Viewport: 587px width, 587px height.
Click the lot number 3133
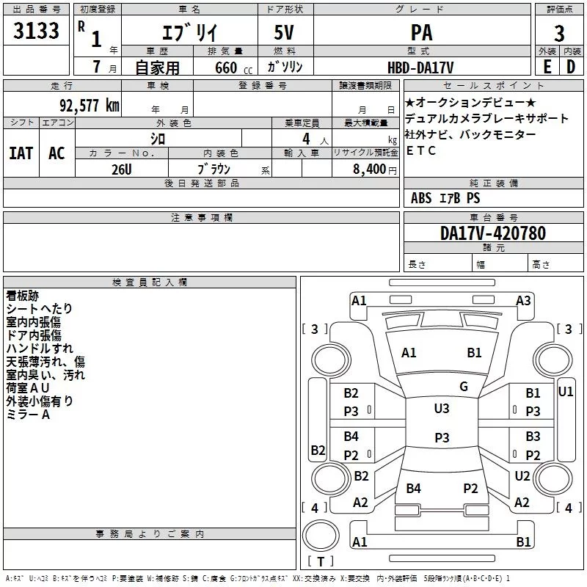tap(36, 32)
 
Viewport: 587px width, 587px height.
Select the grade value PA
tap(421, 32)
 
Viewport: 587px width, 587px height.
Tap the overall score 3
tap(559, 33)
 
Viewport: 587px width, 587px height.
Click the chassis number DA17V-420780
tap(492, 233)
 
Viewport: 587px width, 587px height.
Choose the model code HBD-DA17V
tap(421, 67)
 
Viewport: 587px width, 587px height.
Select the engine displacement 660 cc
tap(225, 68)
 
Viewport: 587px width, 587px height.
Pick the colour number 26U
tap(121, 169)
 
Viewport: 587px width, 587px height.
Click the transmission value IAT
tap(21, 153)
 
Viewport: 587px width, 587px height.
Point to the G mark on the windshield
tap(464, 387)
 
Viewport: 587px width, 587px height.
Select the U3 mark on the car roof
tap(442, 408)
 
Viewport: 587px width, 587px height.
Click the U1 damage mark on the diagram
tap(566, 391)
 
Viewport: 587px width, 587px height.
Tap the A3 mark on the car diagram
tap(523, 300)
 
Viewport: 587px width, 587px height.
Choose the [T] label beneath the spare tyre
tap(320, 562)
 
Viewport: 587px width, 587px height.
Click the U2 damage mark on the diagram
tap(522, 476)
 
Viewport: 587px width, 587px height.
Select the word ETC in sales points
tap(421, 150)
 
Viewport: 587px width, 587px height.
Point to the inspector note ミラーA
tap(28, 415)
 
